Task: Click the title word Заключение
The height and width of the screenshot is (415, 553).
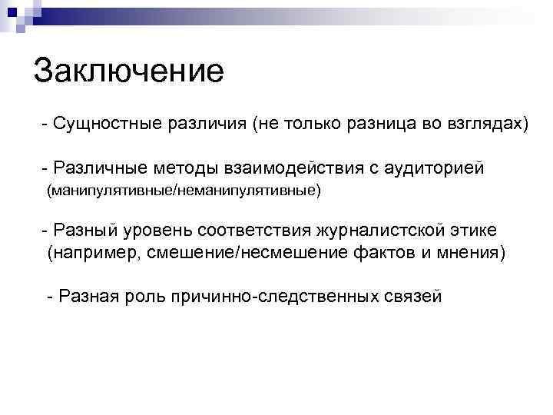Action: (128, 71)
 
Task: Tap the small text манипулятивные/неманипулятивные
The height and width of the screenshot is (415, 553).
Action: (183, 189)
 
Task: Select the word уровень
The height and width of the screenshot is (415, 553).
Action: (158, 231)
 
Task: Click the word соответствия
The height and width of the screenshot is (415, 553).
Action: (253, 231)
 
